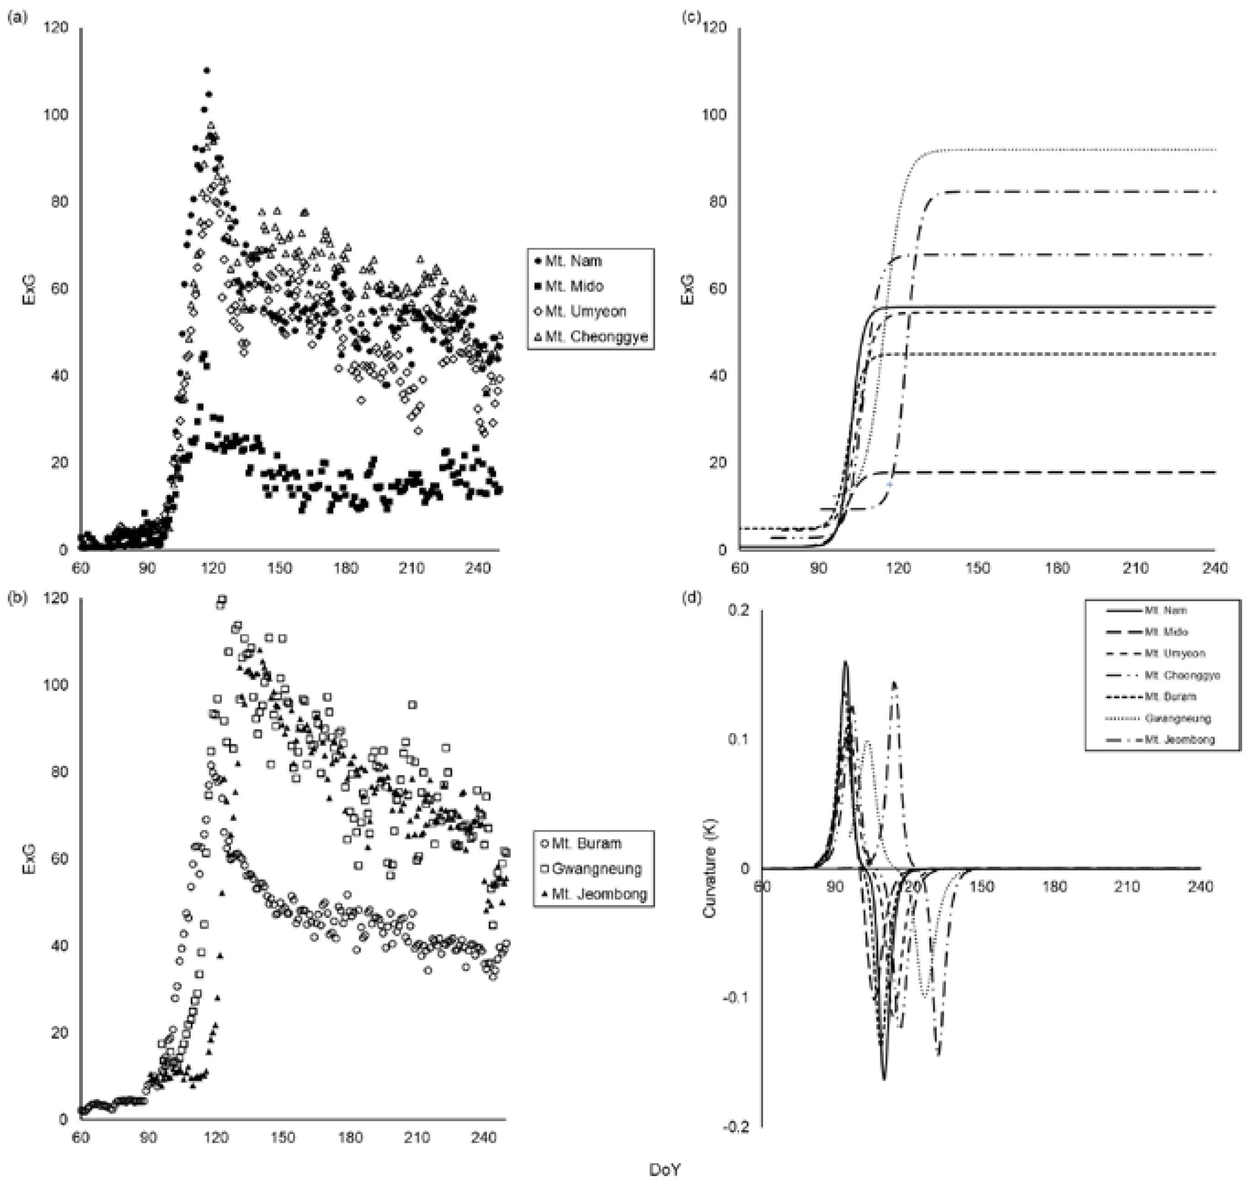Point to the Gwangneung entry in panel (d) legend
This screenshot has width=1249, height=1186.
pos(1177,718)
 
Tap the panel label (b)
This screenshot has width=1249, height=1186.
pos(17,598)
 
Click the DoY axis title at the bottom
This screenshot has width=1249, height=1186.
pos(665,1170)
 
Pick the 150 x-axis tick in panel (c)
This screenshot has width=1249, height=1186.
pos(978,568)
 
